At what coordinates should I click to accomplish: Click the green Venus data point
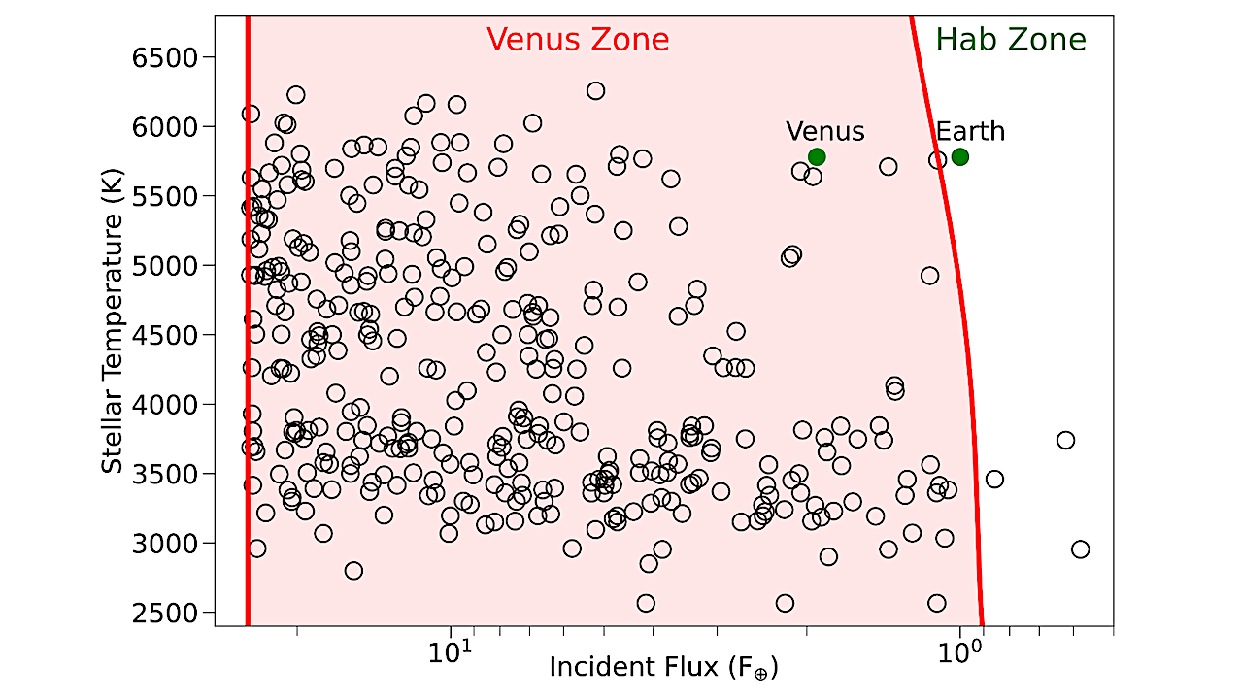coord(817,156)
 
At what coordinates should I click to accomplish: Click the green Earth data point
coord(960,156)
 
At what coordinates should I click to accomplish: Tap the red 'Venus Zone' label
coord(578,40)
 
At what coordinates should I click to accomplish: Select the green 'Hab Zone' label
coord(1011,40)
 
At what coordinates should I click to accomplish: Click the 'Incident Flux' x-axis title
coord(663,669)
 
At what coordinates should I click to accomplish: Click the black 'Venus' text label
coord(824,131)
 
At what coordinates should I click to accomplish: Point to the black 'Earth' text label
coord(970,131)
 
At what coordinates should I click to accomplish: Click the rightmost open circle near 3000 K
coord(1080,549)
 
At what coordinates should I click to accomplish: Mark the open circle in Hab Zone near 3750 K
coord(1065,440)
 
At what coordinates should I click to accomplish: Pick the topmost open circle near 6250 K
coord(595,91)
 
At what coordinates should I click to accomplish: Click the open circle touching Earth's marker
coord(938,160)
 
